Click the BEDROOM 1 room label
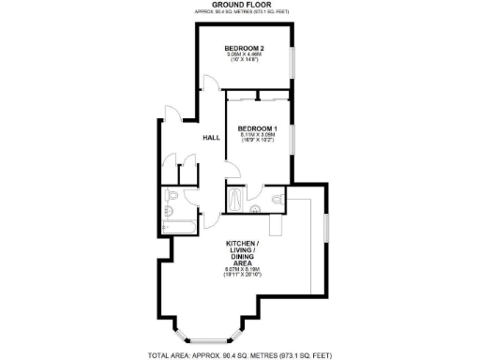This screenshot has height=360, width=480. pyautogui.click(x=256, y=127)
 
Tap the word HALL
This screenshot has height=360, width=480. pyautogui.click(x=212, y=137)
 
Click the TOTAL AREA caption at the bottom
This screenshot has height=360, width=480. pyautogui.click(x=239, y=355)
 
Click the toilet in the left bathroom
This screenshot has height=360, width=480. pyautogui.click(x=172, y=198)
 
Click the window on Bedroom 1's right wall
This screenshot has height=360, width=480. pyautogui.click(x=292, y=141)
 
